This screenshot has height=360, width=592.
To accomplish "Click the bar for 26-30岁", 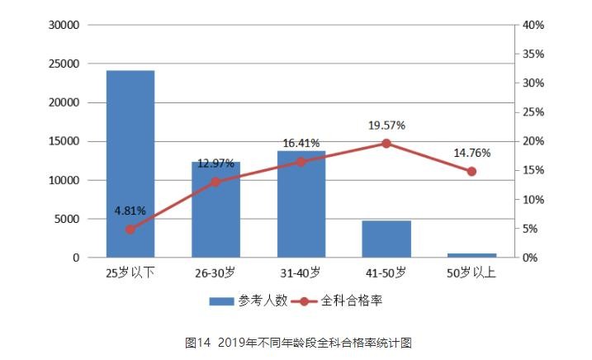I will tap(215, 210).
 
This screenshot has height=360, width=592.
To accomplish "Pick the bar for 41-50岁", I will tap(386, 239).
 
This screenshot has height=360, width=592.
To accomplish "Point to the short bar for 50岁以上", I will tap(471, 255).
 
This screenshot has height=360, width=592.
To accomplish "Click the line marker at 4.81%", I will tap(130, 229).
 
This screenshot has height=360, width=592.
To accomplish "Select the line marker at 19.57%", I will tap(386, 144).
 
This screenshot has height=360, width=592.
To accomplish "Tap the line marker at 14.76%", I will tap(471, 172).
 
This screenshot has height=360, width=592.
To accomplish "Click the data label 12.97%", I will tap(215, 163).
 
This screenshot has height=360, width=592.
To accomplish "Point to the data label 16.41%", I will tap(301, 143).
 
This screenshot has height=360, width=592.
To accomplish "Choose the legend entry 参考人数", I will tap(248, 301).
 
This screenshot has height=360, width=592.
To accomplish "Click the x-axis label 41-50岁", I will tap(386, 272).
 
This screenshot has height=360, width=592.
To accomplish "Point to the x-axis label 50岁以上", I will tap(471, 272).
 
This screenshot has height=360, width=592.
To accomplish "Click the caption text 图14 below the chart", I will tap(199, 341).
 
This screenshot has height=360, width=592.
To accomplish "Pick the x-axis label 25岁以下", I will tap(130, 272).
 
